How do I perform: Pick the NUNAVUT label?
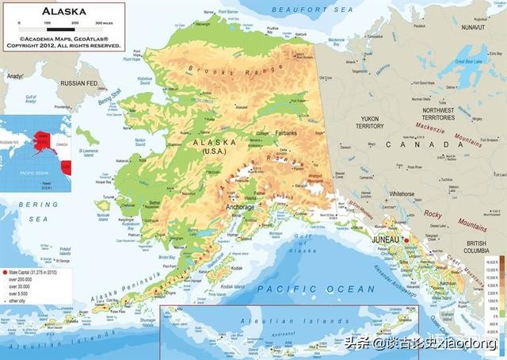tap(475, 27)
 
